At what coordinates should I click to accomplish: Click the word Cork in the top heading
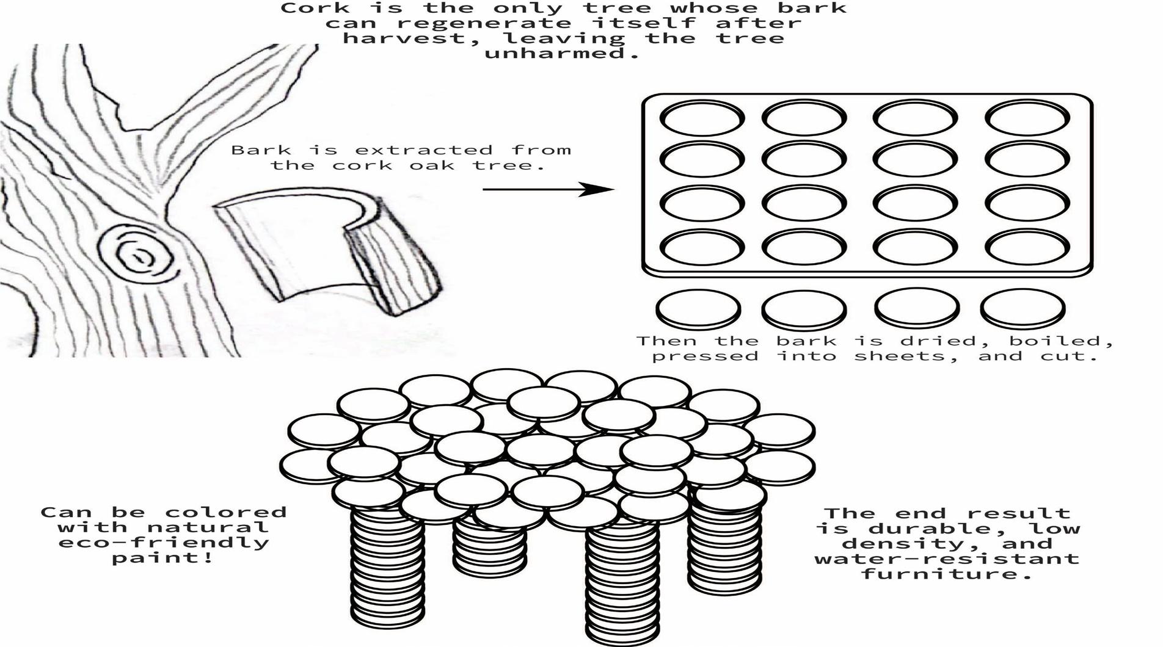pyautogui.click(x=315, y=9)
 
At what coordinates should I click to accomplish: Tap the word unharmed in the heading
pyautogui.click(x=561, y=53)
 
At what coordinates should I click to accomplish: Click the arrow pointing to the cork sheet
pyautogui.click(x=547, y=190)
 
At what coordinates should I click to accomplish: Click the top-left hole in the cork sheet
pyautogui.click(x=702, y=117)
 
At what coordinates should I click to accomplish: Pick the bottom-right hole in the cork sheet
pyautogui.click(x=1027, y=247)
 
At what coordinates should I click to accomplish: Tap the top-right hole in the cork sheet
pyautogui.click(x=1027, y=117)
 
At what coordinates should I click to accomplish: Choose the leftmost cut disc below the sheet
pyautogui.click(x=698, y=308)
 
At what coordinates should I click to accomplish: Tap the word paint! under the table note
pyautogui.click(x=162, y=558)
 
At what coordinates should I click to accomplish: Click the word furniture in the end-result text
pyautogui.click(x=946, y=574)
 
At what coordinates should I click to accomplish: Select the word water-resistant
pyautogui.click(x=946, y=558)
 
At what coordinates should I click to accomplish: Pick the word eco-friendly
pyautogui.click(x=163, y=543)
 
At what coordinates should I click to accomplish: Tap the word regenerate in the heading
pyautogui.click(x=484, y=23)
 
